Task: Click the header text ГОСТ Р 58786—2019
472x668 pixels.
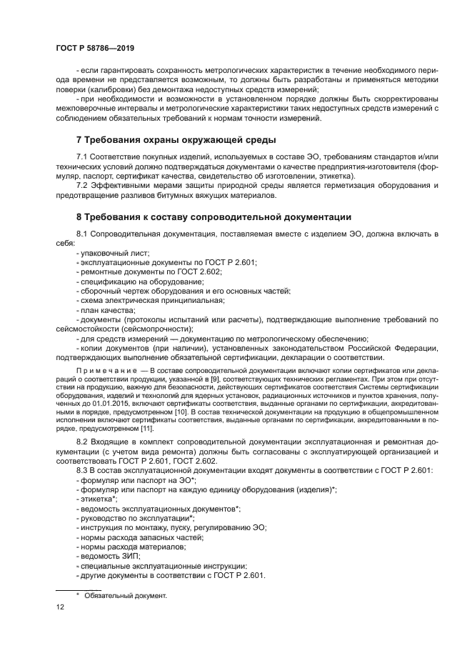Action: point(95,48)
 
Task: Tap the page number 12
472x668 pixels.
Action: point(60,607)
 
